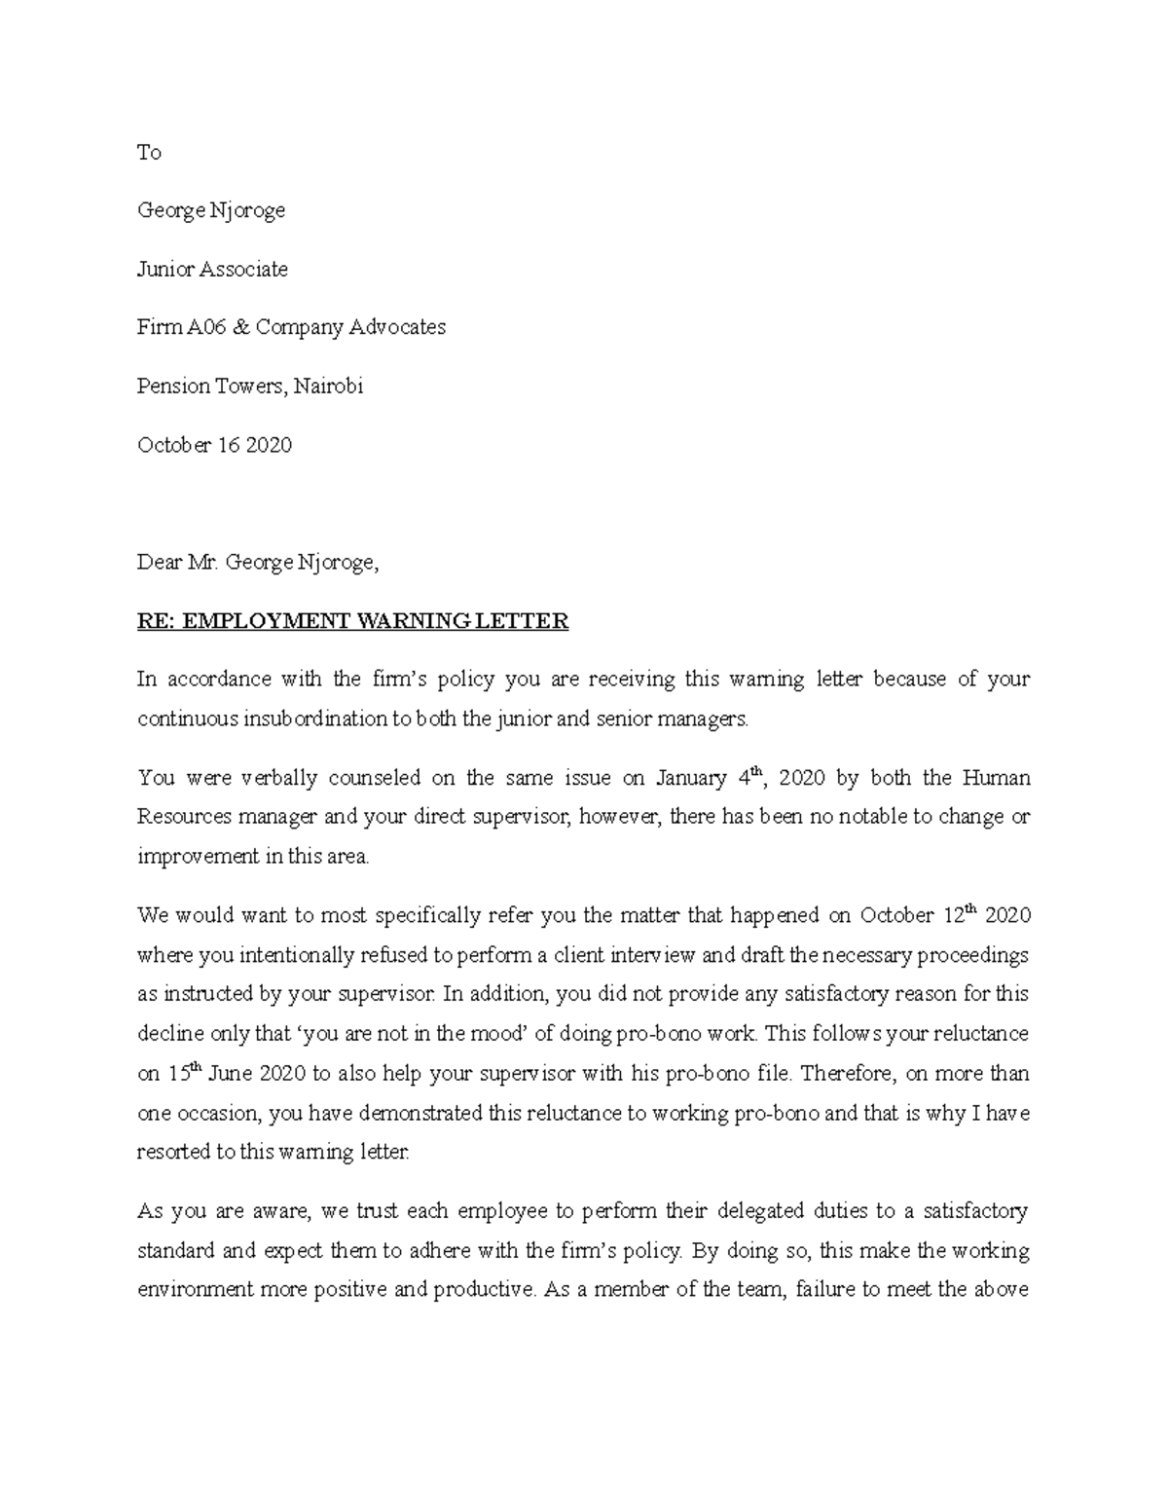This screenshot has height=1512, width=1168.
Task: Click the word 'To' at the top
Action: point(149,153)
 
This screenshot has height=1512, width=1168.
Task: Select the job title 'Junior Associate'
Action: point(212,270)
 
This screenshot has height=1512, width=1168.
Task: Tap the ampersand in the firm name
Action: point(239,328)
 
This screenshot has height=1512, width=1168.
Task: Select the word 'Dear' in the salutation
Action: point(159,563)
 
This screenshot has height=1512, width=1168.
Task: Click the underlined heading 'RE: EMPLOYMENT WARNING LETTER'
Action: point(352,621)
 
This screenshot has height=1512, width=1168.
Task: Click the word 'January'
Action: point(691,778)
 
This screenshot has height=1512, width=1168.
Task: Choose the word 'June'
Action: point(231,1074)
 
